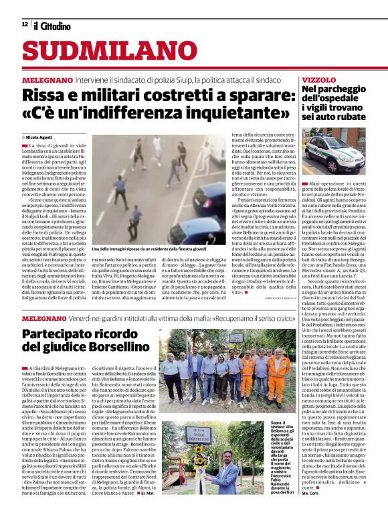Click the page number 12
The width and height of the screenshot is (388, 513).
[x=25, y=24]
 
